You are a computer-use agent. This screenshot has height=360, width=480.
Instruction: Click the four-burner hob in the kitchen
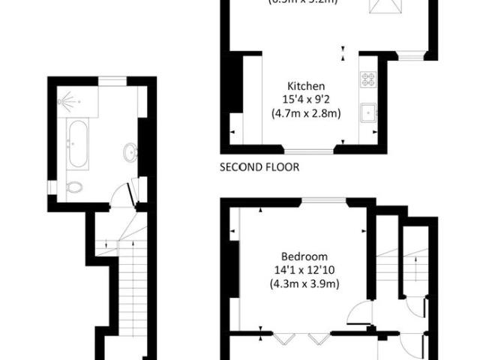click(368, 77)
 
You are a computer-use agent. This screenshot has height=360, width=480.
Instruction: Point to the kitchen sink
click(367, 113)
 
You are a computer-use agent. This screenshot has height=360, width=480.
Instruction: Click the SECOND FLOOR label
click(259, 167)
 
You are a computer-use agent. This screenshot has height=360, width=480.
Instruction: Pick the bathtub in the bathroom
click(78, 145)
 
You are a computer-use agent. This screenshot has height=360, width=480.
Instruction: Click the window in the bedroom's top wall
click(325, 200)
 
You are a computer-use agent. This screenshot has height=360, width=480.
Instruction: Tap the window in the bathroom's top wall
click(112, 79)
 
